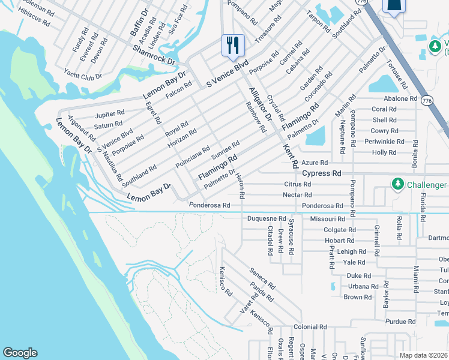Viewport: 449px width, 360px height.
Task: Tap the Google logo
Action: pyautogui.click(x=19, y=353)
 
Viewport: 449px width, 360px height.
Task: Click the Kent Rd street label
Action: pyautogui.click(x=291, y=155)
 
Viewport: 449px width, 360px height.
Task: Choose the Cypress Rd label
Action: pyautogui.click(x=321, y=173)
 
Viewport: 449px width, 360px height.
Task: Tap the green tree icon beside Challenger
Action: pyautogui.click(x=397, y=183)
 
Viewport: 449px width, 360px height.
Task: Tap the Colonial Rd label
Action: pyautogui.click(x=310, y=328)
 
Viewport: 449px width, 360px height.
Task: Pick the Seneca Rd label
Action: pyautogui.click(x=262, y=278)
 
